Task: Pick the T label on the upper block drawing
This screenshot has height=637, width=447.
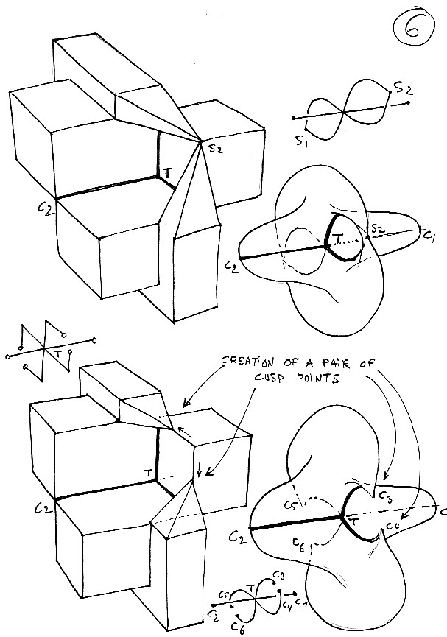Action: tap(168, 172)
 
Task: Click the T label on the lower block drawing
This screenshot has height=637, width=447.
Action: tap(148, 472)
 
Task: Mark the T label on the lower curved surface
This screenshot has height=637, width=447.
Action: tap(352, 522)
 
